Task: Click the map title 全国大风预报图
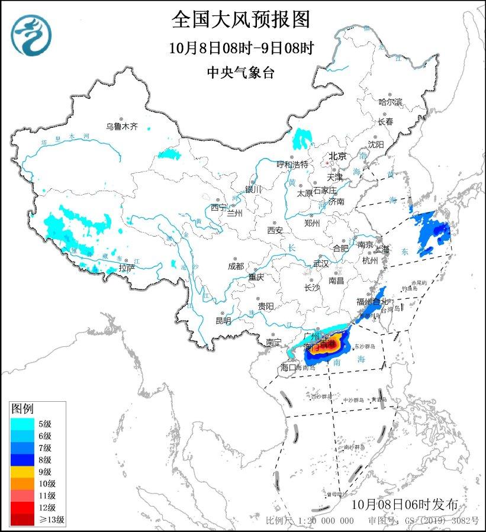241,20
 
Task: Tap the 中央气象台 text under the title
241,72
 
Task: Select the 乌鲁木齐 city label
121,126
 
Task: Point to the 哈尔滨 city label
390,102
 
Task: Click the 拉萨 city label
126,268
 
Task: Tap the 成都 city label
236,266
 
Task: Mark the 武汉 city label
320,263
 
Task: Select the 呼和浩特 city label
292,164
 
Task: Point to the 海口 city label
288,368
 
